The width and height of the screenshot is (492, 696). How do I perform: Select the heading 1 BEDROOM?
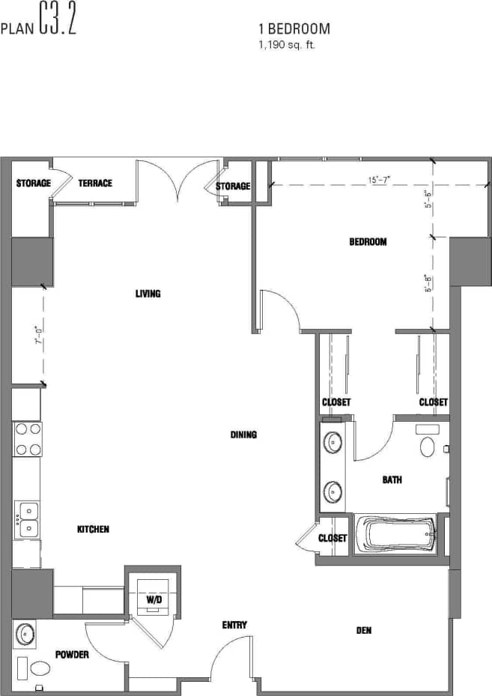pos(294,29)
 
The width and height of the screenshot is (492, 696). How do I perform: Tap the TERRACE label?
pos(95,184)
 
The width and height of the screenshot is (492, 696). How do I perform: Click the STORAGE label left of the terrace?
pos(33,184)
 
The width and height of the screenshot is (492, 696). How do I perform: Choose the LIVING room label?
pos(148,294)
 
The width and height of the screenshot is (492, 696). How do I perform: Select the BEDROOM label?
pos(368,241)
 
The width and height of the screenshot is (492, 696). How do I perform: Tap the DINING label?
pos(243,435)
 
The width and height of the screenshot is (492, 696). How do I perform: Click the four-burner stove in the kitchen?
pos(28,440)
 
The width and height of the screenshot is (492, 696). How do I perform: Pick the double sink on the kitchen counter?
pos(28,518)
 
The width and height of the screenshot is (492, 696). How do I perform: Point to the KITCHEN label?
pos(93,529)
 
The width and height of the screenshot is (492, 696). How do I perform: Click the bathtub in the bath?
pos(395,534)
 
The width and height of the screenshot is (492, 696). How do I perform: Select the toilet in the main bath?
pos(428,447)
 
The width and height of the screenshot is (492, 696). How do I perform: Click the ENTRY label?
pos(234,625)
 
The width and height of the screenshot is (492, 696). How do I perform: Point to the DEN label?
pos(364,630)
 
